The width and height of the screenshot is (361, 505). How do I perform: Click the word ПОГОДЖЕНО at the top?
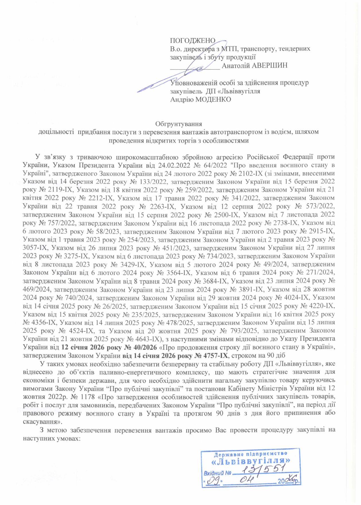click(192, 40)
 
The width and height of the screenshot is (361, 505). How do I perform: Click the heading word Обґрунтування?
click(179, 124)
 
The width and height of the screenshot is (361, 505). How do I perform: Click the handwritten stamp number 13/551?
click(264, 470)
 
